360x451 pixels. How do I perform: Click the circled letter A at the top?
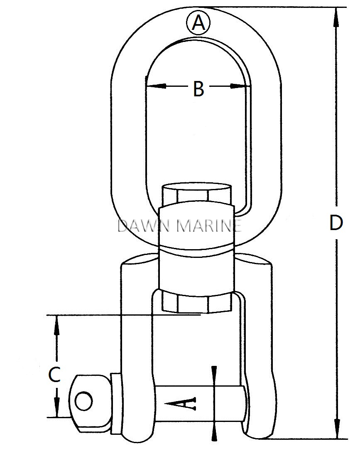tap(198, 23)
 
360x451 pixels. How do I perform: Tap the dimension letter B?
tap(199, 88)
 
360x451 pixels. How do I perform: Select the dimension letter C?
tap(55, 375)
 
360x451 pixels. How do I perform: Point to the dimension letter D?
tap(336, 223)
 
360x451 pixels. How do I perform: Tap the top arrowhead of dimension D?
tap(336, 17)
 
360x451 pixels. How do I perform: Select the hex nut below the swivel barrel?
tap(196, 301)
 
